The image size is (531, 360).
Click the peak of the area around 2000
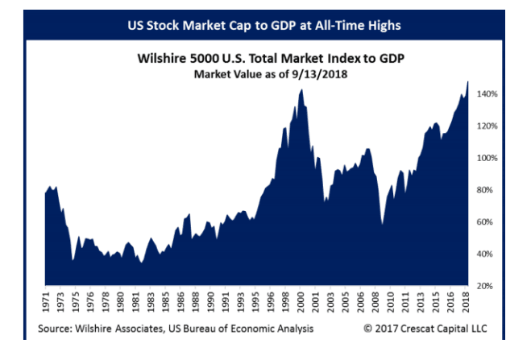[x=301, y=89]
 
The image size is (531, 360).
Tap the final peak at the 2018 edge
[x=468, y=81]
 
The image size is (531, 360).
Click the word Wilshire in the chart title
[x=162, y=59]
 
